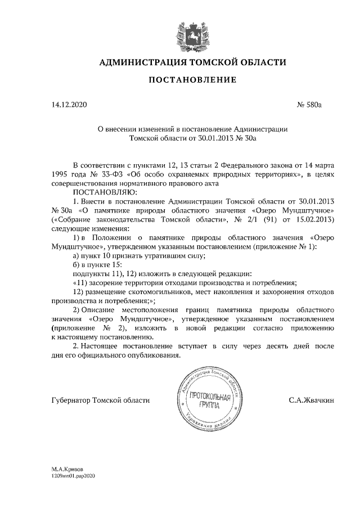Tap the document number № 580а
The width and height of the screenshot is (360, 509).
(308, 105)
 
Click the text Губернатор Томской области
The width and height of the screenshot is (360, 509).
(100, 400)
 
